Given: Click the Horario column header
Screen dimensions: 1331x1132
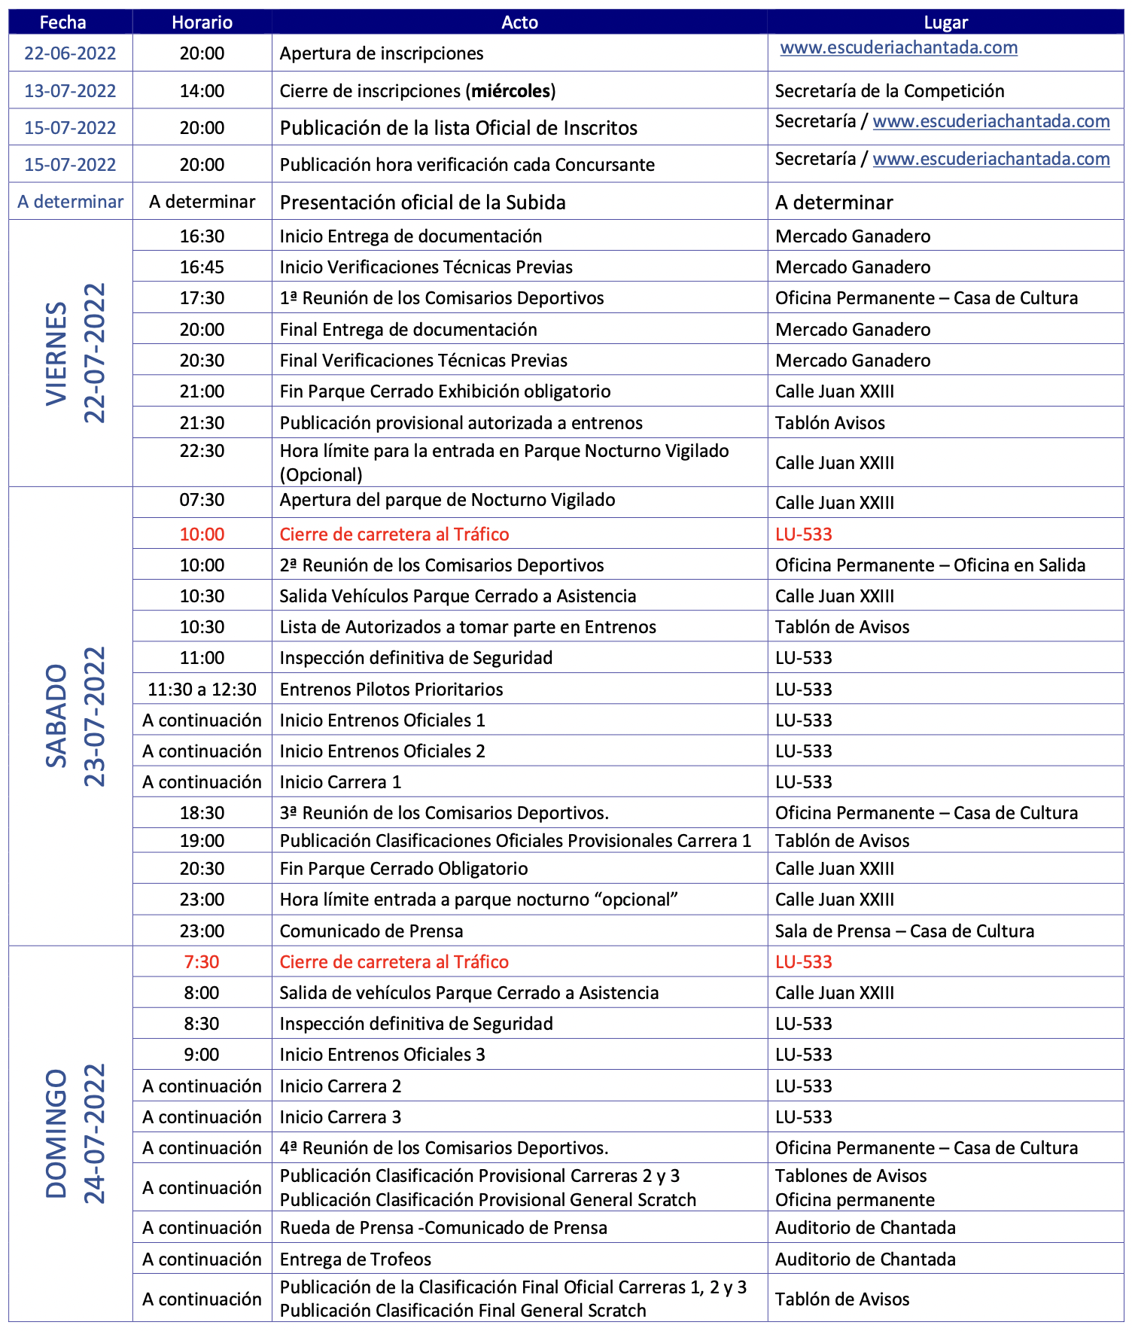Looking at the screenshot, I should click(202, 23).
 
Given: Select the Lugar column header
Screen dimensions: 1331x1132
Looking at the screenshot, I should click(945, 23).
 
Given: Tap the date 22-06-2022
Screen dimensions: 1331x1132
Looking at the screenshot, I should click(70, 53).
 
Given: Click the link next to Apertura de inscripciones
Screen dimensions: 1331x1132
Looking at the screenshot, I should click(899, 48).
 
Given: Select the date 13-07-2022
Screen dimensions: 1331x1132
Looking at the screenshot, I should click(70, 91).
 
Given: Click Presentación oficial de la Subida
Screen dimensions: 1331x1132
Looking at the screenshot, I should click(422, 203).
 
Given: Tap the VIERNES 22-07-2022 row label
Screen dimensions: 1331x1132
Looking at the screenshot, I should click(75, 353).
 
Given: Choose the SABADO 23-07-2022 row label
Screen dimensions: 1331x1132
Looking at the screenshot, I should click(75, 716).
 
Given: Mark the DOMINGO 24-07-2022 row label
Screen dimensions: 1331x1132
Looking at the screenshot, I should click(75, 1133).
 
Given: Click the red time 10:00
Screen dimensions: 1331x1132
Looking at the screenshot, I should click(202, 535).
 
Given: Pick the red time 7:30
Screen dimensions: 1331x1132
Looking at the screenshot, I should click(202, 962).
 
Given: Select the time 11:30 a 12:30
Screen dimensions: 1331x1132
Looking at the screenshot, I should click(202, 690).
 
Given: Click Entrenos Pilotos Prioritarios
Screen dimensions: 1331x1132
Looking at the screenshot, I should click(391, 690).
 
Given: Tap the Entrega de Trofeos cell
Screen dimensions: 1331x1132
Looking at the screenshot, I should click(355, 1259).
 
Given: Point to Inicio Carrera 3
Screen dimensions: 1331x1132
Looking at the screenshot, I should click(340, 1117).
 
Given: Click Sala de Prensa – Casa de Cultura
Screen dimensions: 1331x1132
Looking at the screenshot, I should click(904, 931).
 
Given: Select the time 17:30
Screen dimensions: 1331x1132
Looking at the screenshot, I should click(202, 298).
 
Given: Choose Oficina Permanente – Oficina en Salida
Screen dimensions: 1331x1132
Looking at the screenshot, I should click(930, 565).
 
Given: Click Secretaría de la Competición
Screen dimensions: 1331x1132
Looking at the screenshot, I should click(890, 91).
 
